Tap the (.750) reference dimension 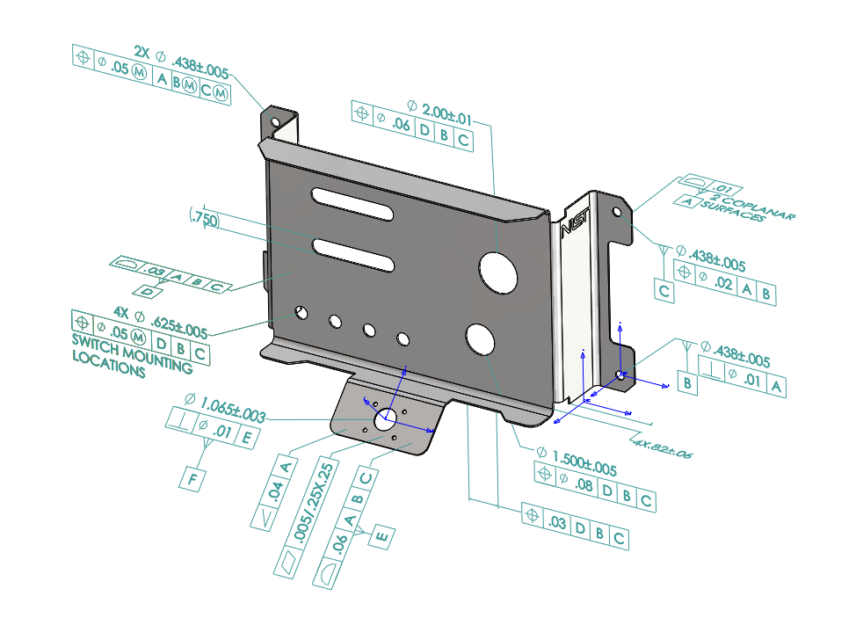click(203, 218)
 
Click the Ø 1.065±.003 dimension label click(225, 409)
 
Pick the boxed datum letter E click(381, 534)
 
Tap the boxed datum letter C click(664, 291)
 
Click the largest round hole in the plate click(497, 271)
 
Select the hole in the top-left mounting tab click(274, 121)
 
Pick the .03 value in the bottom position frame click(555, 525)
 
